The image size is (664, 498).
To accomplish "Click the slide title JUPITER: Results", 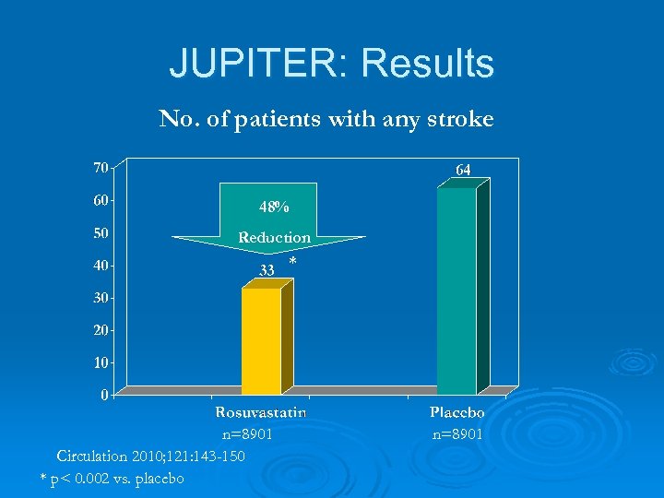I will pos(332,64).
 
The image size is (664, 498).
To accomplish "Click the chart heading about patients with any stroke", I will pos(326,119).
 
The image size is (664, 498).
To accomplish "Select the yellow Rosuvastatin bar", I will pos(261,340).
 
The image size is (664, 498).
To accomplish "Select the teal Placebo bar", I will pos(456,290).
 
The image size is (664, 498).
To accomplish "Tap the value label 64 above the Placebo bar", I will pos(463,170).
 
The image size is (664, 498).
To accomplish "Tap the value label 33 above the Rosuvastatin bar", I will pos(267,270).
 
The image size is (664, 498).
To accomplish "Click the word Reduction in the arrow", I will pos(274,237).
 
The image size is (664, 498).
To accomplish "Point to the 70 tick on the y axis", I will pos(99,167).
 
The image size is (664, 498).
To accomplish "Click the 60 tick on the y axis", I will pos(99,199).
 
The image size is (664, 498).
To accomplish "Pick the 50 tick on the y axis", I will pos(99,232).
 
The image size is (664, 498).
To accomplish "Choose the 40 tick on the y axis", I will pos(99,265).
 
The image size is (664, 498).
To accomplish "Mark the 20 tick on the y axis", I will pos(99,329).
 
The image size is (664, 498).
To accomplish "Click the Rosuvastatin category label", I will pos(260,413).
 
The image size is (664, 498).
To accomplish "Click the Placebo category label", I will pos(457,413).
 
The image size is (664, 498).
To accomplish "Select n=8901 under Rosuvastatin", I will pos(246,434).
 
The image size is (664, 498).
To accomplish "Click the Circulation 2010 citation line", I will pos(150,456).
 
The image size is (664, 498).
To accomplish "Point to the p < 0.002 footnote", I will pos(113,478).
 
